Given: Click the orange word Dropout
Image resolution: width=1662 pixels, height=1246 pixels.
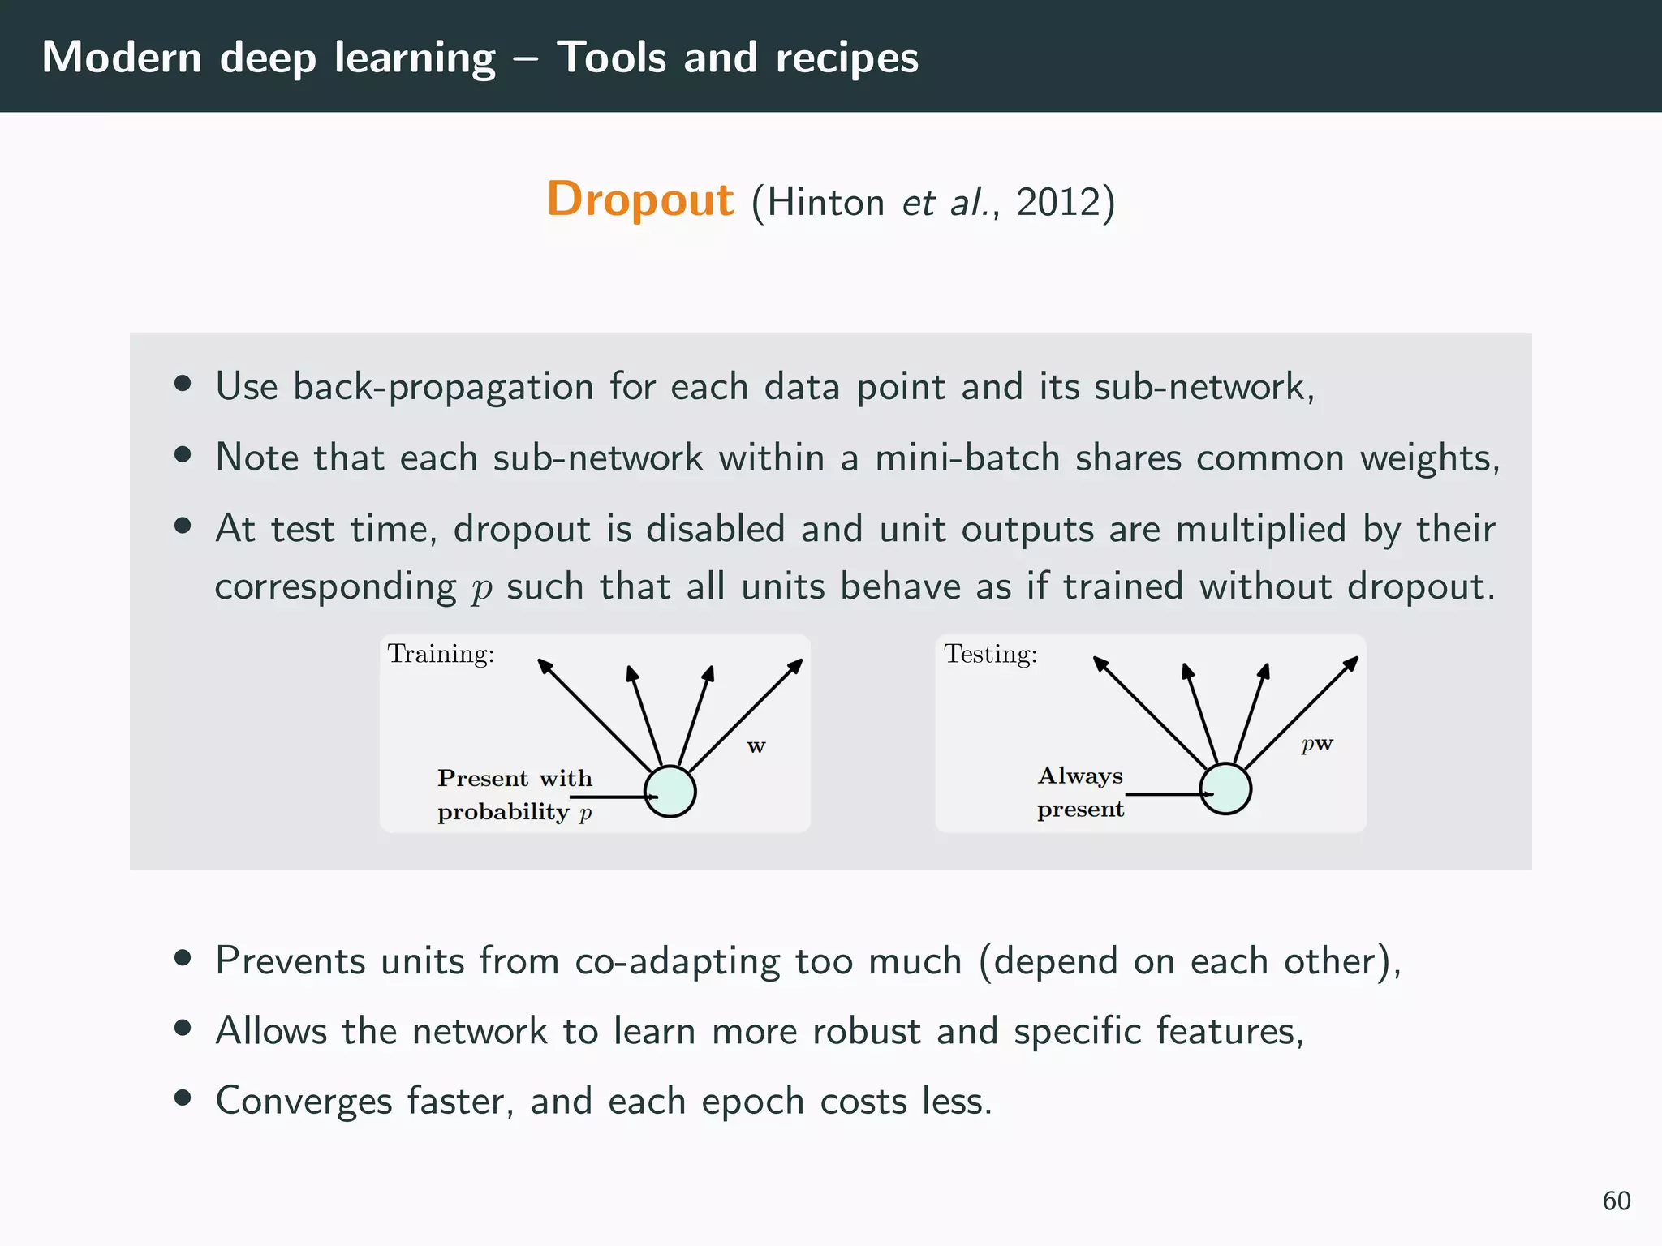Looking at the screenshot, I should [x=639, y=200].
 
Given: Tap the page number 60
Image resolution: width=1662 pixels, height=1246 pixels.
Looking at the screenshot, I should [x=1616, y=1201].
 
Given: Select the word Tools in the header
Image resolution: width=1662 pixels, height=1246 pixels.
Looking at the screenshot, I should [x=611, y=58].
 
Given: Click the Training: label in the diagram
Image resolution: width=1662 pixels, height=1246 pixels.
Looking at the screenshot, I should [x=441, y=654].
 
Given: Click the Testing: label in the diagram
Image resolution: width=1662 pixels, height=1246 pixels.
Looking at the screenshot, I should [x=990, y=654].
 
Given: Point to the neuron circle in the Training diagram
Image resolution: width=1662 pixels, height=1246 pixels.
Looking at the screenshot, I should [x=670, y=791].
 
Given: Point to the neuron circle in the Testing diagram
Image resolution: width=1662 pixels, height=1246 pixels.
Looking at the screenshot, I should [x=1225, y=788].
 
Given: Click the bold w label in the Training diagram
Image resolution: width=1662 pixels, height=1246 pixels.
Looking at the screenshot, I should [x=756, y=746].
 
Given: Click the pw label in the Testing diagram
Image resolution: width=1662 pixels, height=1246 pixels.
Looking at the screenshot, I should [x=1317, y=744].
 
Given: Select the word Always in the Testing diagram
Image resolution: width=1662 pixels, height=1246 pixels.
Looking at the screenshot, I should [x=1080, y=776].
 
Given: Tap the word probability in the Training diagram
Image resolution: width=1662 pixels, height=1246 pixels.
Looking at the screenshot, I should [x=502, y=812].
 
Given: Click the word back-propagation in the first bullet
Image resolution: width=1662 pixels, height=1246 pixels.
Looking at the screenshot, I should [x=443, y=387].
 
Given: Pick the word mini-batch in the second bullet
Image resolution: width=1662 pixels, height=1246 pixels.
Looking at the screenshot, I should [x=967, y=458].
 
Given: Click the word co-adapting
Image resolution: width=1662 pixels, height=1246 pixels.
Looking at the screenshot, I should [x=677, y=961].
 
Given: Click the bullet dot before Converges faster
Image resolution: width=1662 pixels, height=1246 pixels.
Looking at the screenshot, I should [x=183, y=1099].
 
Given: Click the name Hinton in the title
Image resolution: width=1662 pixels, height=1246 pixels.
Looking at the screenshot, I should [x=825, y=202].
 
